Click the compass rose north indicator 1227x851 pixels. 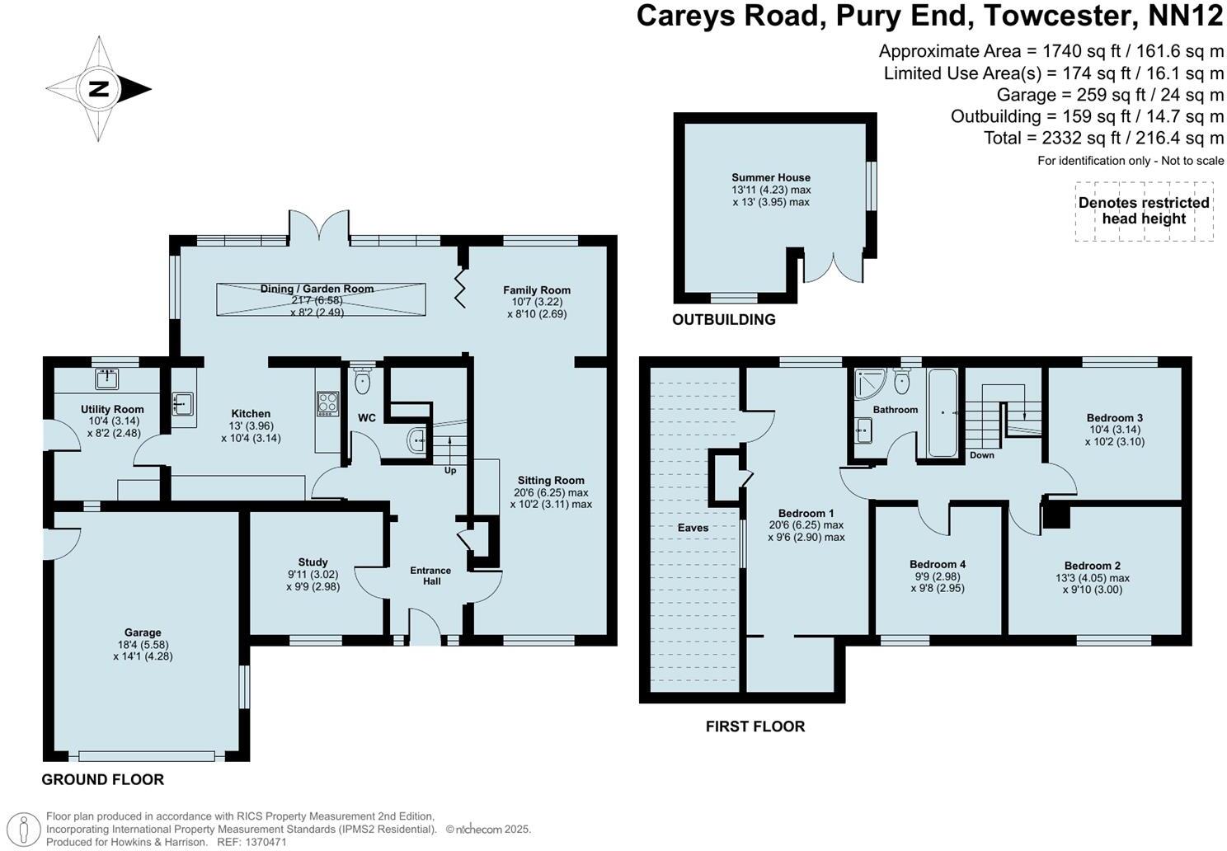pyautogui.click(x=99, y=89)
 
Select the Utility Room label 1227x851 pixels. pyautogui.click(x=112, y=409)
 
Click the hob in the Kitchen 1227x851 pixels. pyautogui.click(x=328, y=403)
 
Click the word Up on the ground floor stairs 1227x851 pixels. pyautogui.click(x=450, y=470)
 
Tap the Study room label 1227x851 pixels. pyautogui.click(x=313, y=562)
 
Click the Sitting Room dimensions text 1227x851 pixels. pyautogui.click(x=551, y=498)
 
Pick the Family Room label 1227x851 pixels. pyautogui.click(x=537, y=290)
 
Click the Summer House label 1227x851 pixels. pyautogui.click(x=771, y=177)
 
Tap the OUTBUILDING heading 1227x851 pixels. pyautogui.click(x=724, y=320)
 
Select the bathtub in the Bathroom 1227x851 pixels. pyautogui.click(x=942, y=412)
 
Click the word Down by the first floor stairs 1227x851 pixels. pyautogui.click(x=981, y=455)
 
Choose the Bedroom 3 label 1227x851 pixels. pyautogui.click(x=1114, y=418)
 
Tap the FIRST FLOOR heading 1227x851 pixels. pyautogui.click(x=755, y=726)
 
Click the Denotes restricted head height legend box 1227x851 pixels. pyautogui.click(x=1144, y=211)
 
